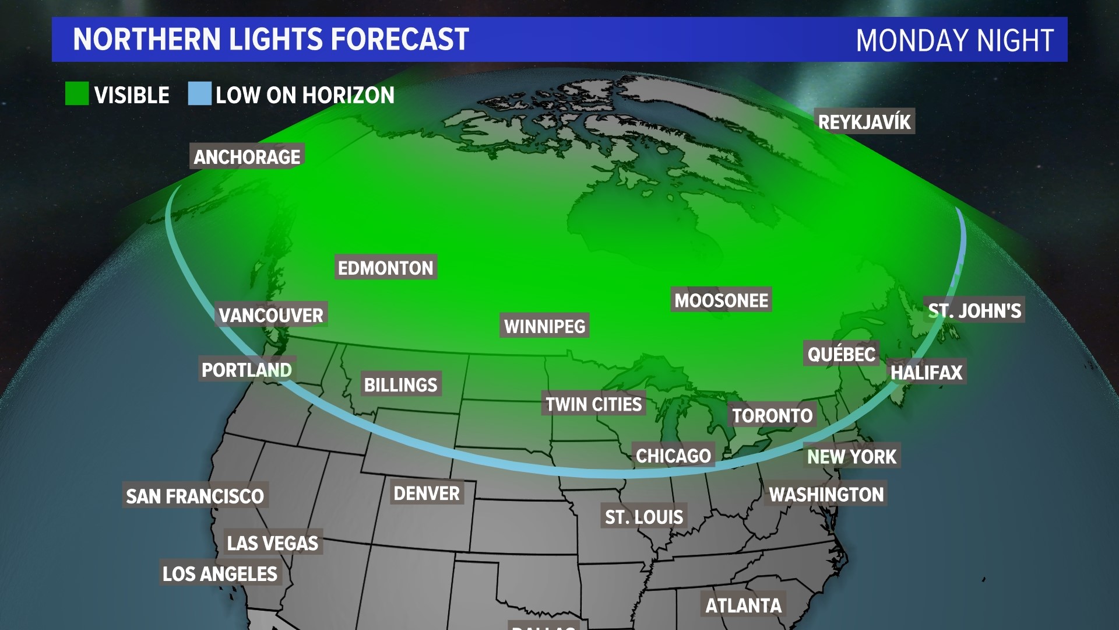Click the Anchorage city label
[x=247, y=156]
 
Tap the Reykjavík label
[x=864, y=121]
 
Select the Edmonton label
[x=385, y=268]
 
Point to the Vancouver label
[x=271, y=315]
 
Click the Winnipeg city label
[x=544, y=326]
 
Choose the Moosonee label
[x=721, y=300]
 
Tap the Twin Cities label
[x=593, y=404]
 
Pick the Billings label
[x=400, y=384]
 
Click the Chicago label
[x=673, y=455]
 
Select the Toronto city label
[x=772, y=415]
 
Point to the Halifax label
[x=926, y=372]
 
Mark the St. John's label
[x=974, y=310]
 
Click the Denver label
[x=427, y=493]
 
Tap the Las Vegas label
[x=272, y=543]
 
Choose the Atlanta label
[x=743, y=605]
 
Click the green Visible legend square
[x=77, y=94]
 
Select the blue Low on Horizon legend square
[x=199, y=94]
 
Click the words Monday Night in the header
[x=955, y=40]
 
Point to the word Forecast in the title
[x=400, y=39]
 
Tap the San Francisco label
[x=195, y=496]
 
